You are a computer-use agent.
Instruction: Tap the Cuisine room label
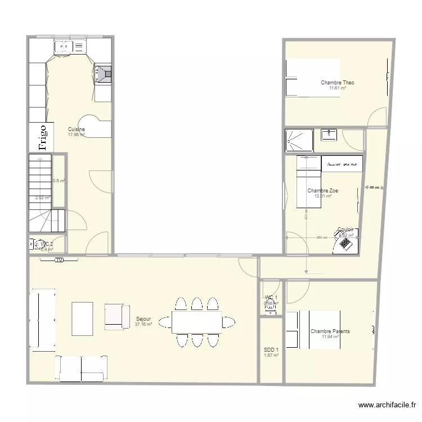tap(77, 129)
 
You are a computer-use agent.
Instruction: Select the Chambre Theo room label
tap(337, 83)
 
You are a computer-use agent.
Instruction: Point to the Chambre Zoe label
tap(322, 191)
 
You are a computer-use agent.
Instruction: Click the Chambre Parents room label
tap(330, 331)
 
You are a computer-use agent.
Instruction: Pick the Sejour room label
tap(143, 319)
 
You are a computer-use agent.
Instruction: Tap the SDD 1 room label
tap(271, 350)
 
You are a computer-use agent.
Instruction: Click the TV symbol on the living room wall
tap(59, 260)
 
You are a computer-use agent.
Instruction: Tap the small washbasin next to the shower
tap(329, 134)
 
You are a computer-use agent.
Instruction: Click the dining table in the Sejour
tap(196, 322)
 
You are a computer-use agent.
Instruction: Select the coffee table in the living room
tap(82, 318)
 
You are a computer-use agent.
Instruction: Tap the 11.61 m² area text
tap(337, 88)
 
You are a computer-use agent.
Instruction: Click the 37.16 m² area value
tap(143, 325)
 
